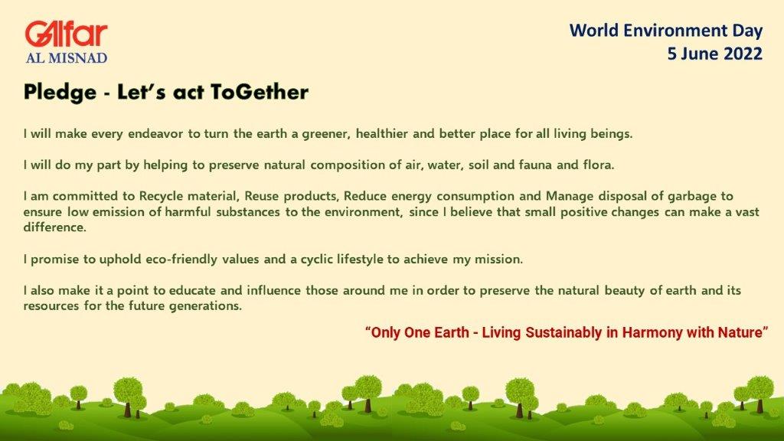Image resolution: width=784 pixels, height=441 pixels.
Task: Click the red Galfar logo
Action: (66, 34)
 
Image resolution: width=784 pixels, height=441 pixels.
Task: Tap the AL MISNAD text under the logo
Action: (67, 58)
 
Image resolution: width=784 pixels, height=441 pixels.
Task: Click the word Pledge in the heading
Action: (60, 93)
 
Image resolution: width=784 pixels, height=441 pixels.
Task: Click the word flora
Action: (599, 165)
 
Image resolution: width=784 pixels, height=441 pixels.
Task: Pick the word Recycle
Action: (158, 196)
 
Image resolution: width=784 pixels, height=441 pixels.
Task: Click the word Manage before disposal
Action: (570, 196)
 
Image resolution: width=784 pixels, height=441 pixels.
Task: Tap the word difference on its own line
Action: (54, 227)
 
